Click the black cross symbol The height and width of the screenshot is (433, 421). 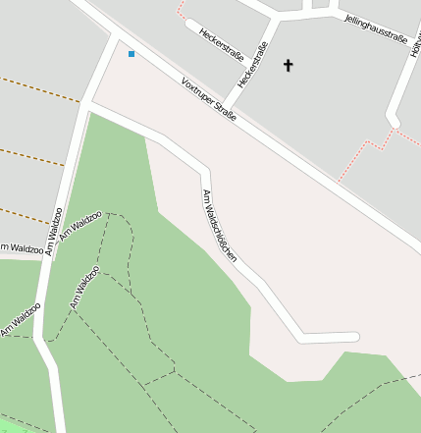[x=289, y=66]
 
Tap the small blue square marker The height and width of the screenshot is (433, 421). [x=132, y=53]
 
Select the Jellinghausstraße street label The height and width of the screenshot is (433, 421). [x=376, y=28]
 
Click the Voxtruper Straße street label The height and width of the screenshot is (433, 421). [x=209, y=100]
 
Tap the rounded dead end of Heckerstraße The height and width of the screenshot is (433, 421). [x=190, y=24]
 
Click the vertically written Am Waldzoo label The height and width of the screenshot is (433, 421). [x=54, y=232]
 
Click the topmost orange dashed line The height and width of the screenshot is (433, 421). [x=39, y=90]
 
